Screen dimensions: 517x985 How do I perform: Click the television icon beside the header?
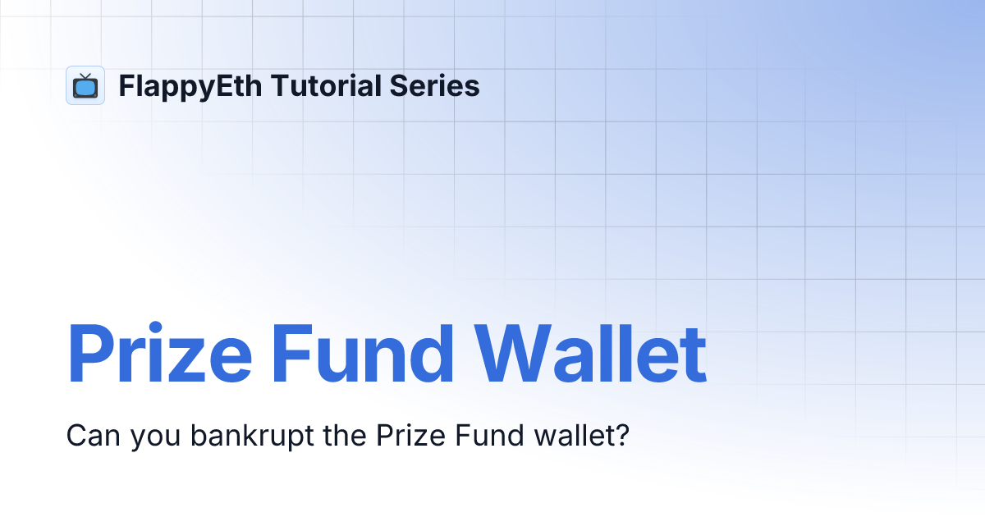tap(85, 85)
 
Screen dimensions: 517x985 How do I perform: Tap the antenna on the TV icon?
tap(85, 75)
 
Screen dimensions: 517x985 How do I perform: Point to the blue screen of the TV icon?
tap(85, 88)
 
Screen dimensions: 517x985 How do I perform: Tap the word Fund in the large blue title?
tap(363, 355)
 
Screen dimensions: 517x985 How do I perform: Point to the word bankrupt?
tap(251, 436)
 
